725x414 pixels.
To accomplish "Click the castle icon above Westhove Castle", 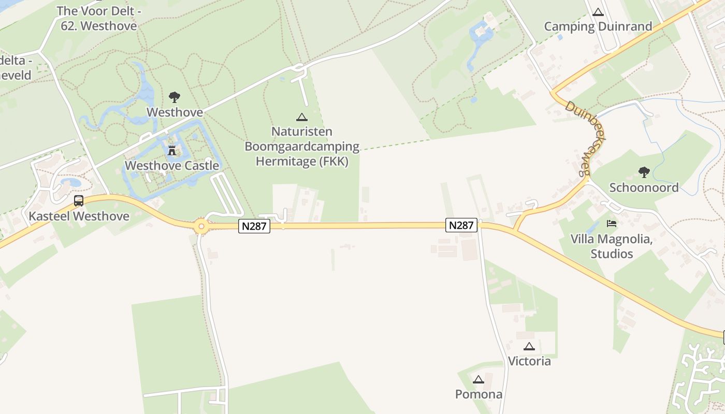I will tap(172, 151).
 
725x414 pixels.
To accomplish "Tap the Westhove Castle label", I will tap(172, 166).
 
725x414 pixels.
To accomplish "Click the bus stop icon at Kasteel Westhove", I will tap(79, 201).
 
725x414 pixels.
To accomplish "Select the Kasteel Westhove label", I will tap(79, 216).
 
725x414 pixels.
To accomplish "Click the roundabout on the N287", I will tap(201, 226).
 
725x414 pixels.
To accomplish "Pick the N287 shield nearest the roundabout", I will tap(254, 226).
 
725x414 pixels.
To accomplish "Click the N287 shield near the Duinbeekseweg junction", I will tap(461, 225).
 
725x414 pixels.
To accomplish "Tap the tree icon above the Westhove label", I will tap(175, 97).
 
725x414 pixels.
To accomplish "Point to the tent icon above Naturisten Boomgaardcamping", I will tap(302, 117).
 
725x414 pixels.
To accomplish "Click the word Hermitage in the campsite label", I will tap(284, 161).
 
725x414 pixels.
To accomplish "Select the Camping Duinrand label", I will tap(598, 26).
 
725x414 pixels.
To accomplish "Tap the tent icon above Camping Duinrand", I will tap(598, 12).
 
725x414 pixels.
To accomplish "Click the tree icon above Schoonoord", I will tap(644, 172).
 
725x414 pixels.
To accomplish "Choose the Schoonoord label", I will tap(644, 187).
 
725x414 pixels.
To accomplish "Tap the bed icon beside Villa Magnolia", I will tap(612, 224).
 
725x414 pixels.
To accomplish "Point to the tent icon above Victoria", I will tap(529, 346).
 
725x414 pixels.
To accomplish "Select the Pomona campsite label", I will tap(479, 394).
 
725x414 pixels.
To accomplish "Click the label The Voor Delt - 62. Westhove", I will tap(98, 18).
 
